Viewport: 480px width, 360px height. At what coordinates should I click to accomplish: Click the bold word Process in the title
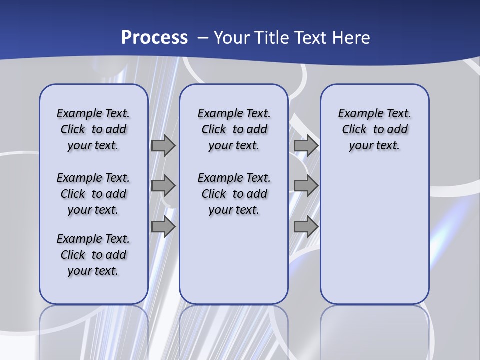pyautogui.click(x=154, y=37)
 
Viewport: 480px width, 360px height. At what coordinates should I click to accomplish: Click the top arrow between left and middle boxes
pyautogui.click(x=163, y=146)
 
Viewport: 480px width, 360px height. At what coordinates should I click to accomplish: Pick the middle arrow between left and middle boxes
pyautogui.click(x=163, y=186)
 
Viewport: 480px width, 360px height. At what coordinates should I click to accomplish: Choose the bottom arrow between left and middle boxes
pyautogui.click(x=163, y=227)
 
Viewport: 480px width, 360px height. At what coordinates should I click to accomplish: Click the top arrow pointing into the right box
pyautogui.click(x=306, y=146)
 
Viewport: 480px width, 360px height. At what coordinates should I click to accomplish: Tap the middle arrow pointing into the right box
pyautogui.click(x=306, y=186)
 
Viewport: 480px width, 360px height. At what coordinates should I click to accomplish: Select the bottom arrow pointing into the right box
pyautogui.click(x=306, y=227)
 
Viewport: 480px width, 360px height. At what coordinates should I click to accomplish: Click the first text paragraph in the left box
pyautogui.click(x=93, y=129)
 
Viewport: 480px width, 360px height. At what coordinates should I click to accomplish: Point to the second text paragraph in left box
pyautogui.click(x=93, y=194)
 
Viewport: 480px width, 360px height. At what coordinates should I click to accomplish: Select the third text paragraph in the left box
pyautogui.click(x=93, y=255)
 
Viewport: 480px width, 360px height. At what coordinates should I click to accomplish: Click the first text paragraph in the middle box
pyautogui.click(x=234, y=129)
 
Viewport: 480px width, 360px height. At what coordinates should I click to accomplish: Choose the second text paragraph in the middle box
pyautogui.click(x=234, y=194)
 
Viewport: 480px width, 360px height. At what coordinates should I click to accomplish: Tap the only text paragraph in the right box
pyautogui.click(x=374, y=129)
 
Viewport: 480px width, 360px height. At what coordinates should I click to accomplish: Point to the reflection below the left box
pyautogui.click(x=94, y=330)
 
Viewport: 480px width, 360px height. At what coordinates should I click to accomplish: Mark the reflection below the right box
pyautogui.click(x=374, y=330)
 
